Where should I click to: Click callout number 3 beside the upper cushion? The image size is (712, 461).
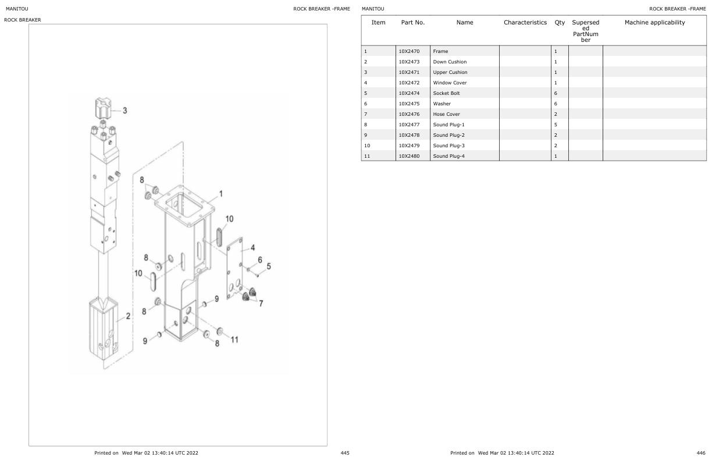coord(124,111)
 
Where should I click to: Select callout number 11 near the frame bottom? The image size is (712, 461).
coord(234,340)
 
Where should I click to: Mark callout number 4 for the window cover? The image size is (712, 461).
coord(252,247)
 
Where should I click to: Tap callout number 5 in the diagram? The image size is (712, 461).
coord(269,267)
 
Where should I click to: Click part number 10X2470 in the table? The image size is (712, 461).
coord(409,51)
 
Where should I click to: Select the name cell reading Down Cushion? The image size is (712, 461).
coord(450,62)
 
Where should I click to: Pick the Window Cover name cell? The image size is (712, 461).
coord(450,83)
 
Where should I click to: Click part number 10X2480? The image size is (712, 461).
coord(409,156)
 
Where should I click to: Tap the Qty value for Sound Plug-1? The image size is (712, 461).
coord(556,125)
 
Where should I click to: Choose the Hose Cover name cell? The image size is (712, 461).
coord(446,114)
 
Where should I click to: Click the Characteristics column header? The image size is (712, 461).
coord(525,23)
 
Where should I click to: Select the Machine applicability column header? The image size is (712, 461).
coord(654,23)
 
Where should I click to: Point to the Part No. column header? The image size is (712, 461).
coord(412,23)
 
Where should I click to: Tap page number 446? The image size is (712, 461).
coord(701,453)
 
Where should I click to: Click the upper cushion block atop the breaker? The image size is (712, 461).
coord(102,108)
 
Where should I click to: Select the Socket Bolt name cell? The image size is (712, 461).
coord(446,93)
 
